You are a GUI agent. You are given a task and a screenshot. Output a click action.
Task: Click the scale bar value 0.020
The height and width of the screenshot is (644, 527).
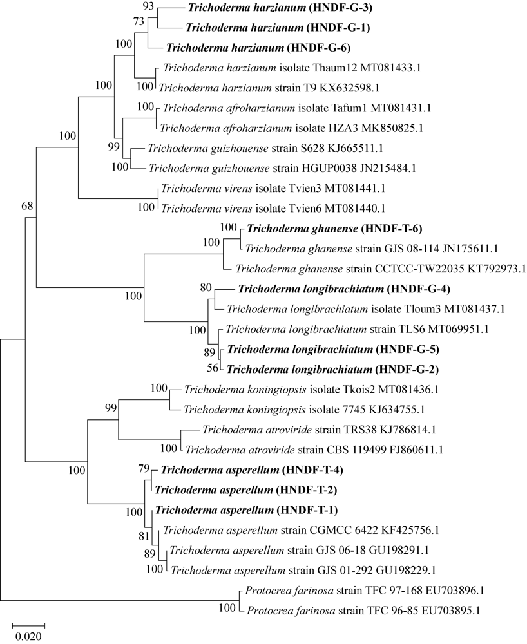click(x=29, y=636)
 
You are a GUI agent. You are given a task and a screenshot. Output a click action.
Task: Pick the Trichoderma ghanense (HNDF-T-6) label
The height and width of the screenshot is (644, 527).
click(x=326, y=228)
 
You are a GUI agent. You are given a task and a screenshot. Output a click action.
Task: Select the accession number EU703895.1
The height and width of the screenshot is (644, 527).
click(x=456, y=609)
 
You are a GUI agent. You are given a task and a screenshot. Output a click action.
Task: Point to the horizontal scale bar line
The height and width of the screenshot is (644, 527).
click(x=29, y=624)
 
